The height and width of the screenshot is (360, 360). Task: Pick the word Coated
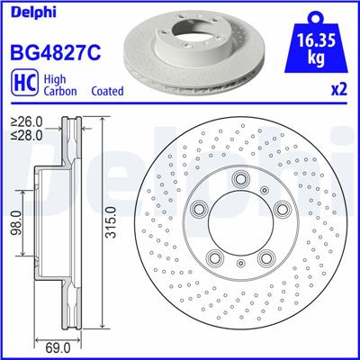click(x=108, y=92)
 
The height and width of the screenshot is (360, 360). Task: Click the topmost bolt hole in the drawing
click(x=241, y=182)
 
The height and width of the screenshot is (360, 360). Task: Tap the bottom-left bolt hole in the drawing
click(x=216, y=259)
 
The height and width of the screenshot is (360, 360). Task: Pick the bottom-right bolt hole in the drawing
click(x=266, y=259)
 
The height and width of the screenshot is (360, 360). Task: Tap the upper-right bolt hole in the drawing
click(x=282, y=211)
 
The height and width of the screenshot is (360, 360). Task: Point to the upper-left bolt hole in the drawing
click(x=200, y=211)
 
